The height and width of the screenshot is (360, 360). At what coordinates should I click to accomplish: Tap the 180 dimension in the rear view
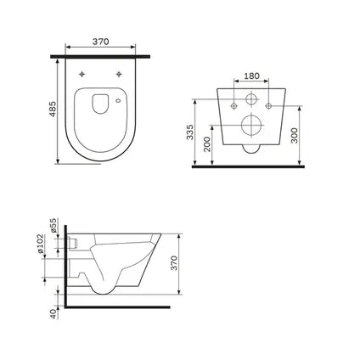pos(253,75)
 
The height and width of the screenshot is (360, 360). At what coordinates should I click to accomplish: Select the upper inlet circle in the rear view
pos(252,100)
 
